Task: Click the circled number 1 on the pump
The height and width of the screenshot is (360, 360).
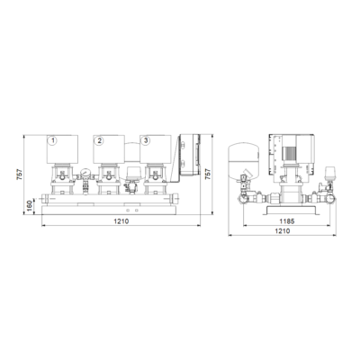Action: [x=53, y=140]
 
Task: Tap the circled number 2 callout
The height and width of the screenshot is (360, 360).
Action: [x=99, y=140]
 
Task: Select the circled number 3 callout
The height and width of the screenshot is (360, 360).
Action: [x=146, y=140]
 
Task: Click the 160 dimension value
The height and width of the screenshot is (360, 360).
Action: [x=30, y=205]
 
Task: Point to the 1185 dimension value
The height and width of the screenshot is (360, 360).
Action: [x=287, y=221]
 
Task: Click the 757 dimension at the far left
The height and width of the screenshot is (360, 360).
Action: [x=19, y=175]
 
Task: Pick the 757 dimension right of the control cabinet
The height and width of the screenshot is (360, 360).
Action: [x=207, y=175]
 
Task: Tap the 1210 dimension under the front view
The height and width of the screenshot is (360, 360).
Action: [x=121, y=221]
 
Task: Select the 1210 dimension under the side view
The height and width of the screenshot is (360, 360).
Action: [x=283, y=231]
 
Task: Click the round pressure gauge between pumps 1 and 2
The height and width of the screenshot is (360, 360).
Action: [x=86, y=173]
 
